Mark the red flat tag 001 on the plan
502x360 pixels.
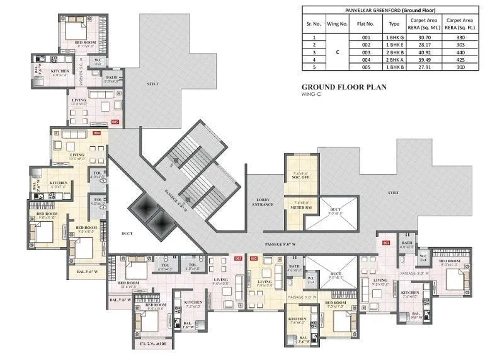point(386,243)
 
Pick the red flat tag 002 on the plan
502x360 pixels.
point(254,258)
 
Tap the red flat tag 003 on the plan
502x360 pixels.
point(238,258)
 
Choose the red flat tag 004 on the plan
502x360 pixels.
point(96,134)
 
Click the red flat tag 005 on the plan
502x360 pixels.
point(115,121)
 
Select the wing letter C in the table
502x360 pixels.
point(337,53)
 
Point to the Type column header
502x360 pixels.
point(394,25)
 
